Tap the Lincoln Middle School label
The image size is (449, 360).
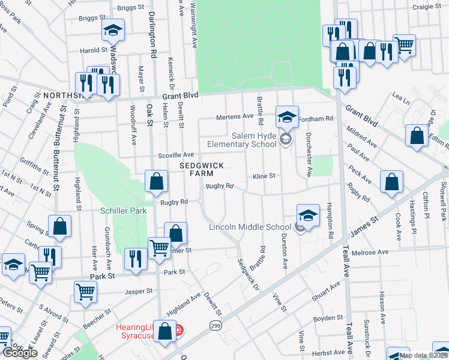tap(250, 227)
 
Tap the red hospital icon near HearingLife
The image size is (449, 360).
tap(178, 331)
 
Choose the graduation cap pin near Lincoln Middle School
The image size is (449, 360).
tap(307, 215)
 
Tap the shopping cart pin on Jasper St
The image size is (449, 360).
tap(86, 292)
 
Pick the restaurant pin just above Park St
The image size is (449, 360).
tap(135, 259)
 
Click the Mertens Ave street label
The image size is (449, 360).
tap(239, 116)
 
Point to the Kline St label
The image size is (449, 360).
tap(264, 176)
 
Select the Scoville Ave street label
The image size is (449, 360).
tap(175, 155)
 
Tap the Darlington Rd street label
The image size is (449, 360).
tap(153, 42)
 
